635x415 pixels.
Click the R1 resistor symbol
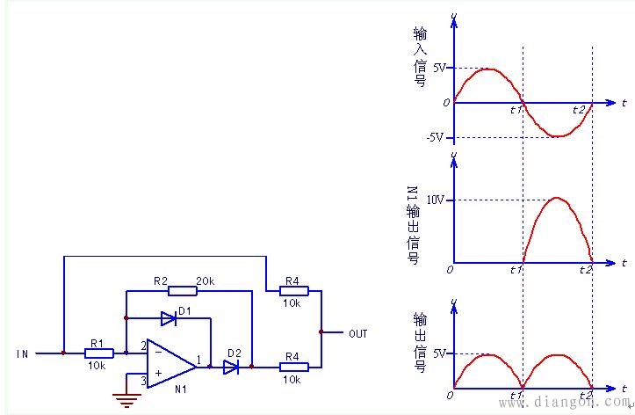pos(99,353)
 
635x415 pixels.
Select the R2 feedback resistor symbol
pos(183,290)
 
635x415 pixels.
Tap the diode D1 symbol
pos(169,318)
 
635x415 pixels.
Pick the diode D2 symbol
pos(231,367)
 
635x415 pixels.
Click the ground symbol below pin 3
pos(126,399)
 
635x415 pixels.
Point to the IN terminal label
pos(22,353)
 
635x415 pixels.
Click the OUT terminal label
pos(358,333)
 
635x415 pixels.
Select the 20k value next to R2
pos(206,280)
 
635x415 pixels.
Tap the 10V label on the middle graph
pos(436,200)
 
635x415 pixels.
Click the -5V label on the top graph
pos(435,137)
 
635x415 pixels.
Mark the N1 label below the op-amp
pos(181,389)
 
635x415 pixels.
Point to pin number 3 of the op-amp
pos(143,380)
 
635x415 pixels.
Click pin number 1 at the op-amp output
pos(198,359)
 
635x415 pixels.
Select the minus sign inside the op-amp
pos(158,353)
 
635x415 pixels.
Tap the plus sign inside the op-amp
pos(159,373)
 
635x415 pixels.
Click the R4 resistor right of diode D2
pos(294,367)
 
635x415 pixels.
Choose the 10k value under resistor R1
pos(97,365)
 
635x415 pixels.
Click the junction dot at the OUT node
pos(321,332)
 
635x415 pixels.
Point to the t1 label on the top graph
pos(516,109)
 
